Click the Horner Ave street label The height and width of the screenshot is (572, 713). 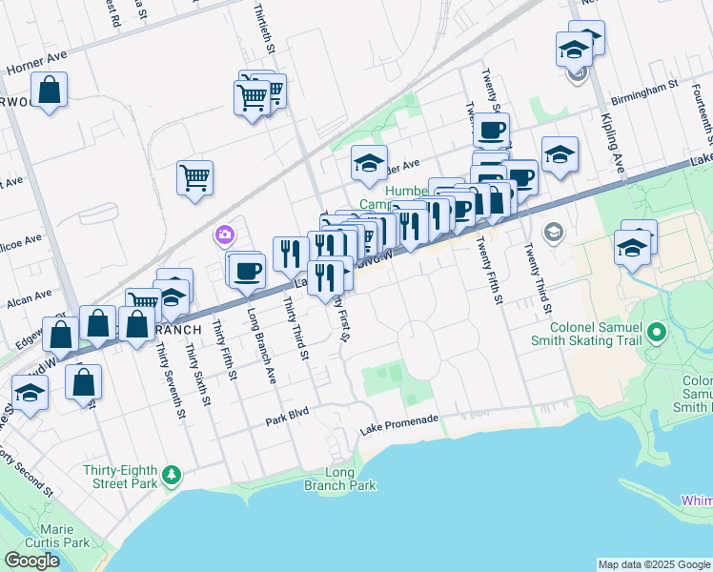36,63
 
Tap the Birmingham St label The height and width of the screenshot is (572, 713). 643,83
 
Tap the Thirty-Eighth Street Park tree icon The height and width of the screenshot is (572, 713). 172,474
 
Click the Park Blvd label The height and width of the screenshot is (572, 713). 289,419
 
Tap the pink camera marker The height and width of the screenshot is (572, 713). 225,235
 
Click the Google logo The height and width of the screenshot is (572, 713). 31,561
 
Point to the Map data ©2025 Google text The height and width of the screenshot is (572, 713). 653,564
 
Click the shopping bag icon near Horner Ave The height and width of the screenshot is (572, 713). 52,92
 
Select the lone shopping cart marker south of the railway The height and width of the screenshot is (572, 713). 194,176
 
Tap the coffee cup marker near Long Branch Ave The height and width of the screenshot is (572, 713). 247,270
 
